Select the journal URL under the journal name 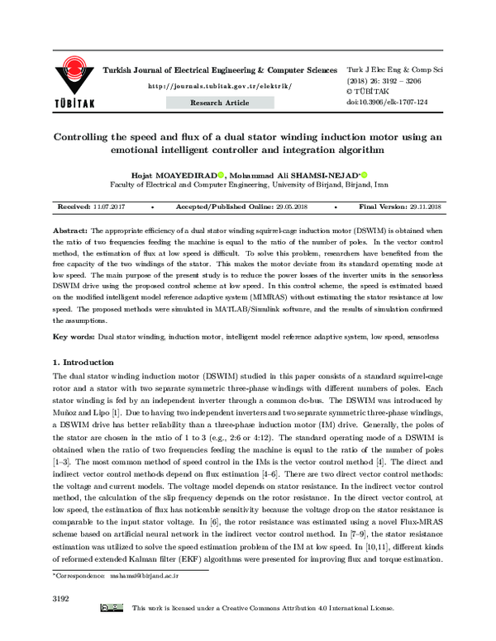click(x=220, y=86)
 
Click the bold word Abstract click(x=70, y=227)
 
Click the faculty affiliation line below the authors click(x=248, y=186)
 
